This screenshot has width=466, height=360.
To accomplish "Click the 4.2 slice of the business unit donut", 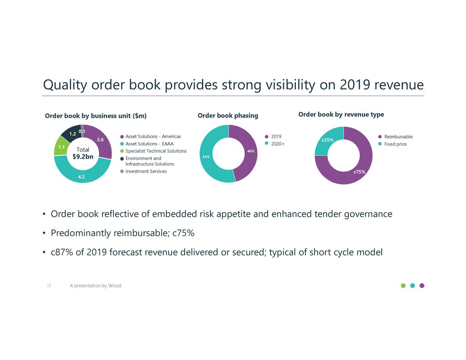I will pyautogui.click(x=82, y=177).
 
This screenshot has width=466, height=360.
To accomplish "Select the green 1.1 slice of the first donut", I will pyautogui.click(x=61, y=147).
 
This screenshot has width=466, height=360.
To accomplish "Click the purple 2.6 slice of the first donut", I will pyautogui.click(x=100, y=140).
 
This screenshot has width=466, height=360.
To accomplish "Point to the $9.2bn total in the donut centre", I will pyautogui.click(x=83, y=157).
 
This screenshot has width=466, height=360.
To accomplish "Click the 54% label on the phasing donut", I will pyautogui.click(x=206, y=157).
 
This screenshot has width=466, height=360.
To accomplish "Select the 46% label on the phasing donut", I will pyautogui.click(x=250, y=151).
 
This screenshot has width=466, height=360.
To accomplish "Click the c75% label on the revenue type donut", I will pyautogui.click(x=359, y=172).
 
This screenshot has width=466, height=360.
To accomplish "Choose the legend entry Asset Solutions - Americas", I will pyautogui.click(x=153, y=137).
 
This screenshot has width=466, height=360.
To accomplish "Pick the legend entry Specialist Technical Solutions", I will pyautogui.click(x=156, y=151).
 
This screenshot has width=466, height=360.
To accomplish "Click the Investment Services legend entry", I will pyautogui.click(x=146, y=171).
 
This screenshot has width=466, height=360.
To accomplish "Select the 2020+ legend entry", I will pyautogui.click(x=277, y=144).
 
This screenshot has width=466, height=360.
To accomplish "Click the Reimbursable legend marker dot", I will pyautogui.click(x=380, y=137).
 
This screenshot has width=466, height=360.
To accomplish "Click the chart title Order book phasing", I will pyautogui.click(x=228, y=116).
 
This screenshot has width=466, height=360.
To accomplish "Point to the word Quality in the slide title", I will pyautogui.click(x=65, y=86).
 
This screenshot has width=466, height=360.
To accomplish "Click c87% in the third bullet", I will pyautogui.click(x=62, y=252).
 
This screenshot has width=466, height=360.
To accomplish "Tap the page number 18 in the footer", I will pyautogui.click(x=48, y=286).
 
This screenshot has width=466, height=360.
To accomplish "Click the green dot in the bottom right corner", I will pyautogui.click(x=403, y=285).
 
